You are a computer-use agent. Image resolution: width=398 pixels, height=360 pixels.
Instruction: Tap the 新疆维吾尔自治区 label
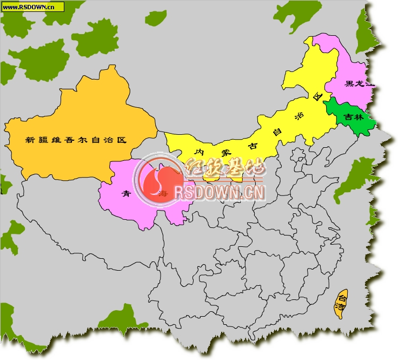coord(76,140)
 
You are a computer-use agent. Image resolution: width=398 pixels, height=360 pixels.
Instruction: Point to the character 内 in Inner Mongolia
coord(200,153)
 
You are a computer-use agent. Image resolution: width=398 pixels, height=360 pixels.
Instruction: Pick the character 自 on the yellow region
coord(277,132)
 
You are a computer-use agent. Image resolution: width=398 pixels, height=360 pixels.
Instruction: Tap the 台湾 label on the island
coord(341,302)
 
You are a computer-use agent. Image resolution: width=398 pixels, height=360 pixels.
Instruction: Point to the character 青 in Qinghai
coord(126,194)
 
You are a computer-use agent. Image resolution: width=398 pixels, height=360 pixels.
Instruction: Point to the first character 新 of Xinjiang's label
coord(30,140)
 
